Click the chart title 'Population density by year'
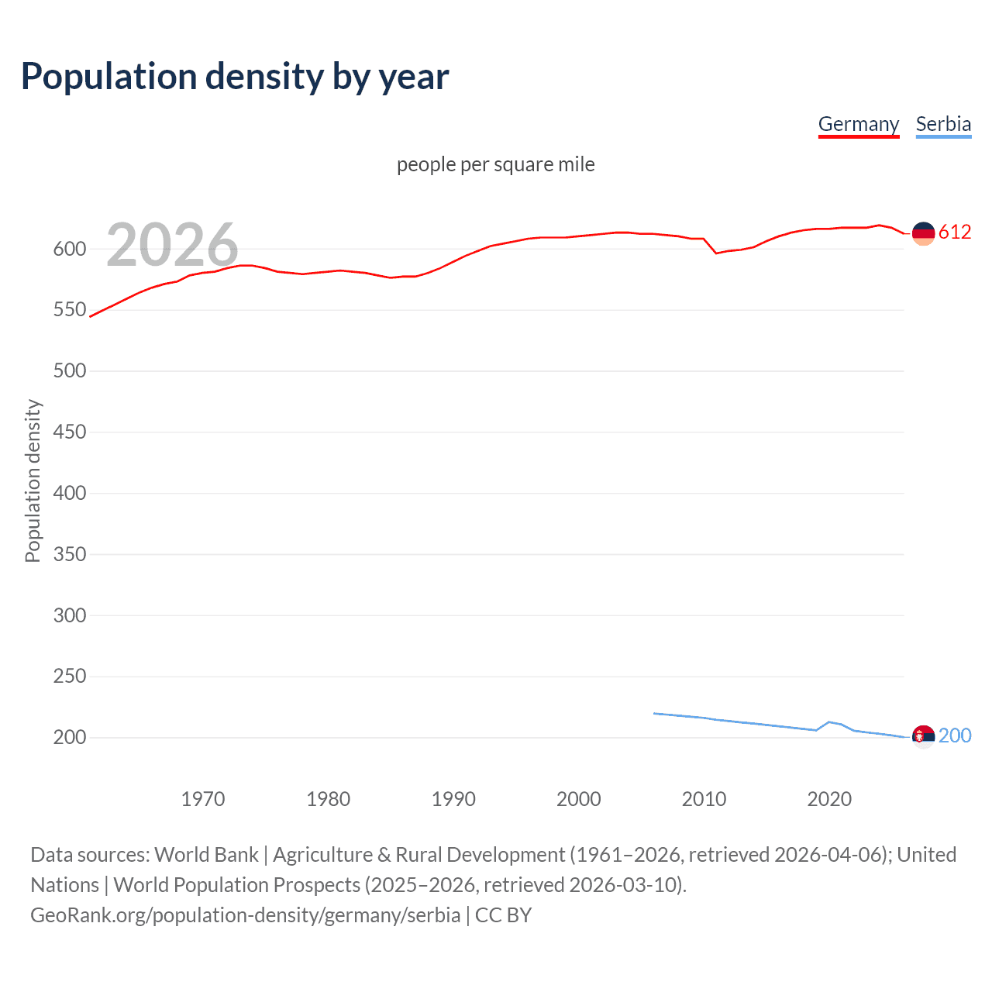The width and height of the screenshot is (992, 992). tap(235, 77)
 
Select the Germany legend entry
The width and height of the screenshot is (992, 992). tap(858, 124)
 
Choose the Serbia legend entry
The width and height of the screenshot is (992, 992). tap(943, 124)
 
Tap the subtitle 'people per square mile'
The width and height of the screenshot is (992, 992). tap(495, 164)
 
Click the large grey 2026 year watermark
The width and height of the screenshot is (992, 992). tap(172, 244)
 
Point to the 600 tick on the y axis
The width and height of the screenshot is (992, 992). tap(69, 249)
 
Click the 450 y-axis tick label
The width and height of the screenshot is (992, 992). tap(69, 432)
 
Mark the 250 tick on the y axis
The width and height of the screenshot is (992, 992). tap(69, 677)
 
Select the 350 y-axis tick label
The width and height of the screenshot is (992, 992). tap(69, 554)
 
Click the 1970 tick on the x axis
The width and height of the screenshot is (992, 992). tap(203, 799)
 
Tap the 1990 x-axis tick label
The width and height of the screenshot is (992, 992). tap(453, 799)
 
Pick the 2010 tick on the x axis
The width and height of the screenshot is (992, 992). tap(704, 799)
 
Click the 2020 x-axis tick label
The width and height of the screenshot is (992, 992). tap(829, 799)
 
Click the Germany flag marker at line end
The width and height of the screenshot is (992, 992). tap(923, 233)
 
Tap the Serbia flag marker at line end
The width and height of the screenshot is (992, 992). tap(923, 736)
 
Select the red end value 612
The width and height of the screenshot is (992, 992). tap(955, 232)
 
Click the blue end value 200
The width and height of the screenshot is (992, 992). tap(955, 735)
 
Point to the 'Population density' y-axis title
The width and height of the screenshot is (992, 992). tap(33, 480)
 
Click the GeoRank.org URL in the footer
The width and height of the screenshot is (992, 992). tap(245, 915)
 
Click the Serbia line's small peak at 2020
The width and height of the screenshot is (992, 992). tap(829, 722)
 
